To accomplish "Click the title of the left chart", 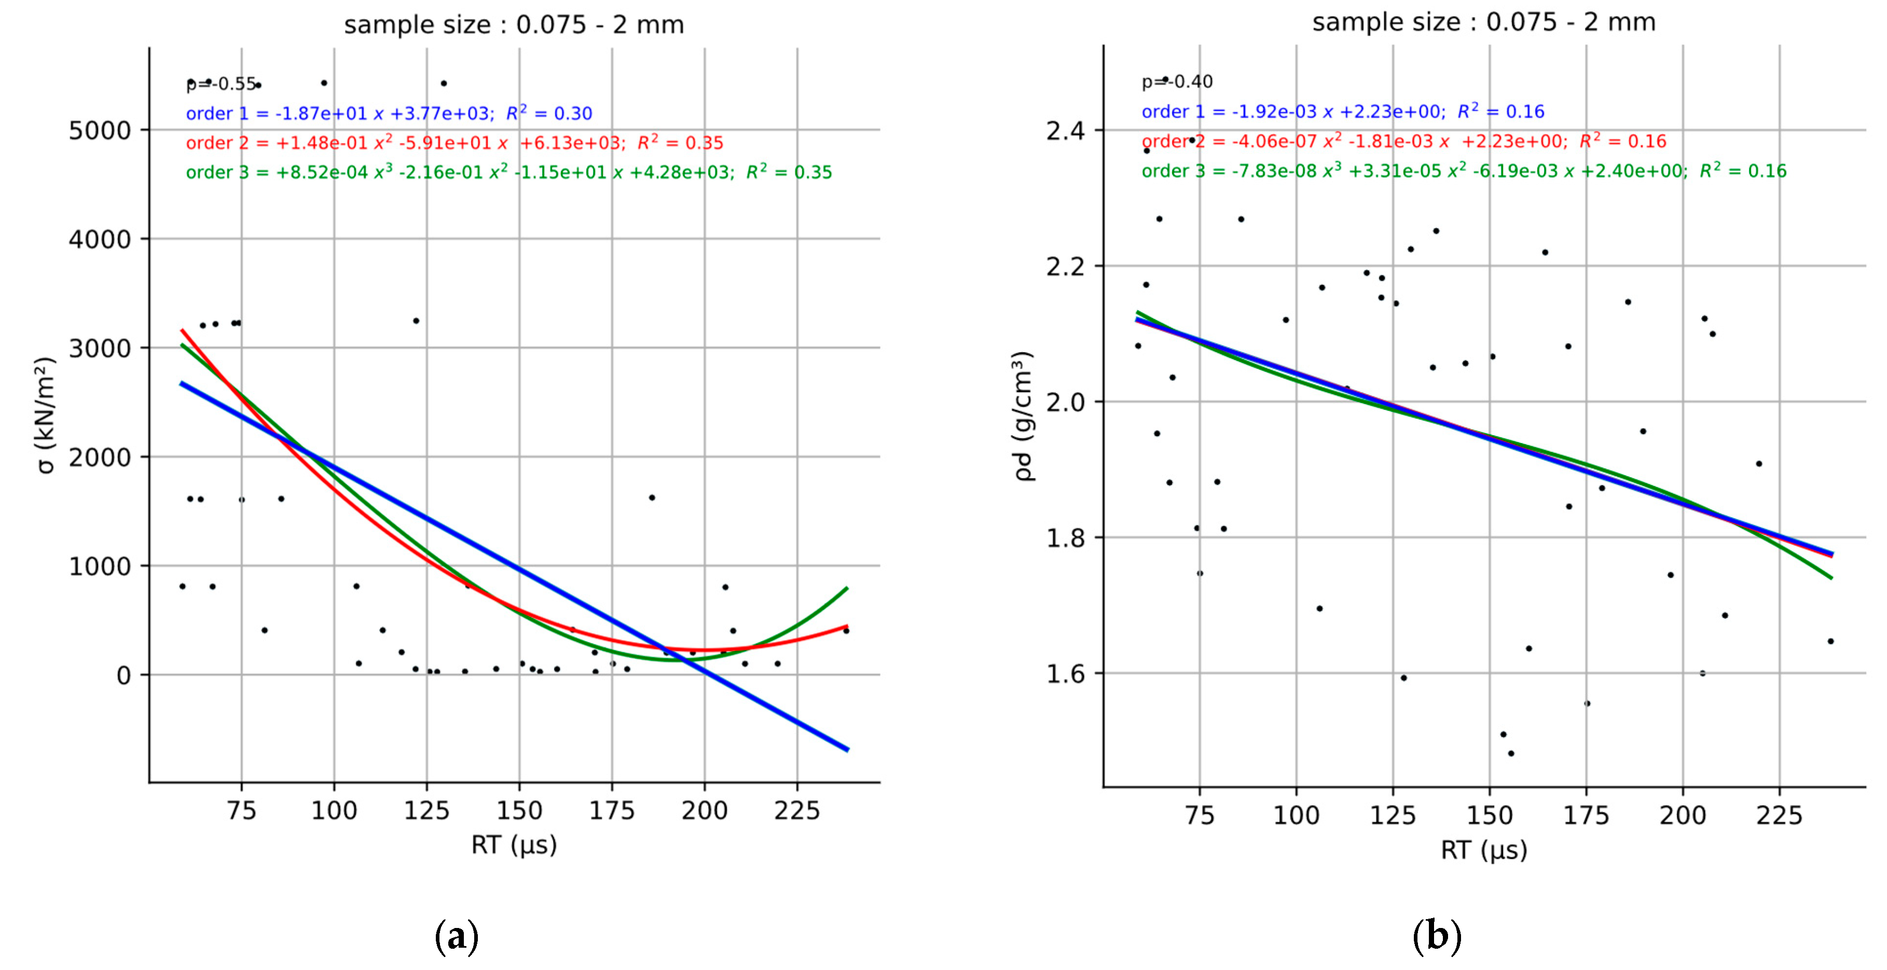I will [x=514, y=25].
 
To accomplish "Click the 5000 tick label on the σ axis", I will [x=99, y=131].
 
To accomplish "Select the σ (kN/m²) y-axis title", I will [x=46, y=415].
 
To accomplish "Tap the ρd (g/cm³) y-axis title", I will [x=1023, y=415].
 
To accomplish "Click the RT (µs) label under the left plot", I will [x=514, y=844].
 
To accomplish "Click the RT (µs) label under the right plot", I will [x=1483, y=850].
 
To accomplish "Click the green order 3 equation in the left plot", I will [x=508, y=172].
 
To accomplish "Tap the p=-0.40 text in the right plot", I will [x=1176, y=81].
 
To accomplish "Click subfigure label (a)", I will [x=457, y=936].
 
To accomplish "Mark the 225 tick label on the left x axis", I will [x=797, y=811].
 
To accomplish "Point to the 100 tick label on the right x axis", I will [x=1296, y=815].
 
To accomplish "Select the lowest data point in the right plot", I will [x=1510, y=753].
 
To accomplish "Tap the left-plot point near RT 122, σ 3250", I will [x=416, y=321].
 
